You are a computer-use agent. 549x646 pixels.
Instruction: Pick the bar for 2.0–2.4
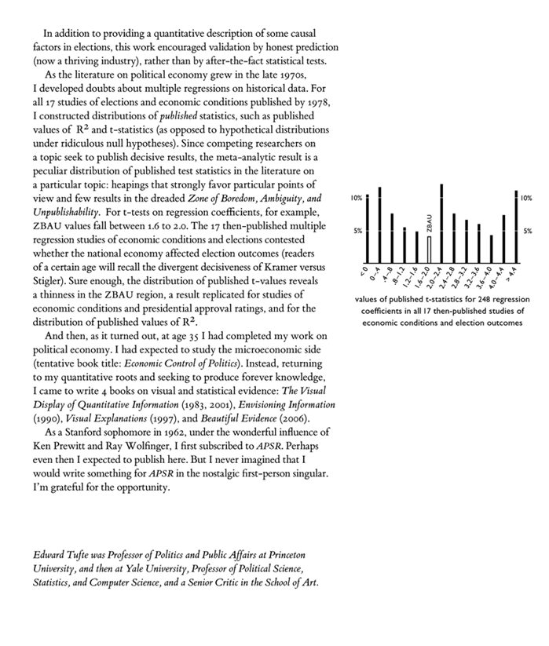click(x=441, y=224)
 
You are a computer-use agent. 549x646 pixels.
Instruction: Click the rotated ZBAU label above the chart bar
click(x=429, y=223)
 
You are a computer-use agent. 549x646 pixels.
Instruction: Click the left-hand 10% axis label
click(x=356, y=199)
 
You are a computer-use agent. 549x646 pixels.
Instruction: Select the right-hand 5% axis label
click(x=527, y=232)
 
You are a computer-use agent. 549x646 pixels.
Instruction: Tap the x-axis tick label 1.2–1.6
click(x=413, y=276)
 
